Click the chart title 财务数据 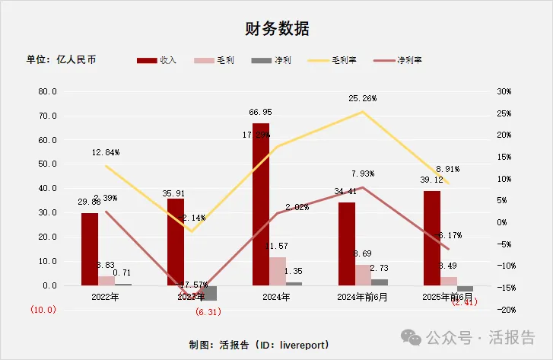click(x=276, y=29)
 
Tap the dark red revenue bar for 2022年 click(x=90, y=249)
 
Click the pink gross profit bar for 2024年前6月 click(x=363, y=275)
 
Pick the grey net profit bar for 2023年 click(x=208, y=293)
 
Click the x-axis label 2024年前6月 click(x=363, y=298)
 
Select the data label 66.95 click(x=261, y=111)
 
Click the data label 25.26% click(x=363, y=98)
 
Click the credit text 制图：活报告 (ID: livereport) click(x=259, y=345)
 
